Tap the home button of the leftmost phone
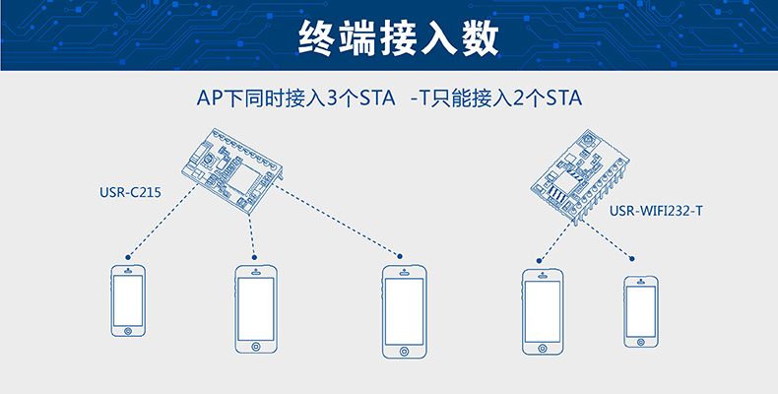(127, 330)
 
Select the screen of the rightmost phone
(641, 310)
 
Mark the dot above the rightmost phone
(631, 260)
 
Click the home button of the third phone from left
(403, 351)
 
